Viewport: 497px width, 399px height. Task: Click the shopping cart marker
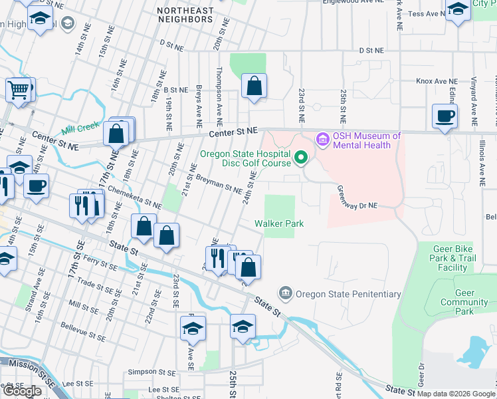(x=19, y=89)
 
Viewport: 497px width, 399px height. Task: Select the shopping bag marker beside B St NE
(x=254, y=86)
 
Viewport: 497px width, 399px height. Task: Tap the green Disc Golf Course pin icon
(x=301, y=158)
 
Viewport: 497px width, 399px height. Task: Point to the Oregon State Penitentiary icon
(x=286, y=293)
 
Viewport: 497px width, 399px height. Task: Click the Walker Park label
(x=279, y=224)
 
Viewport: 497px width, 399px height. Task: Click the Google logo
(x=23, y=391)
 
